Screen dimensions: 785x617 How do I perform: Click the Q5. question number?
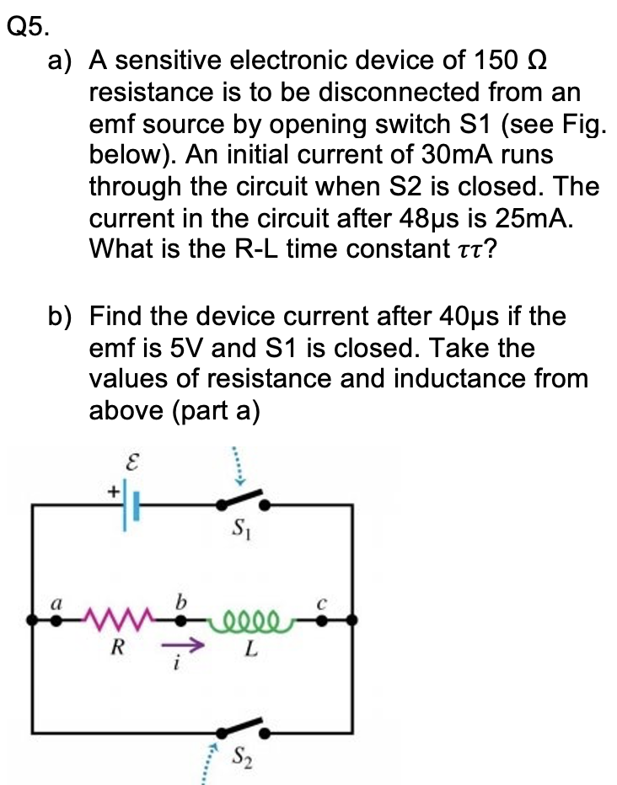tap(26, 27)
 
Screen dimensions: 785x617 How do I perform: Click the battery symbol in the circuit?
tap(129, 505)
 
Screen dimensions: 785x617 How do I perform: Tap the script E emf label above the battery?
tap(131, 462)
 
